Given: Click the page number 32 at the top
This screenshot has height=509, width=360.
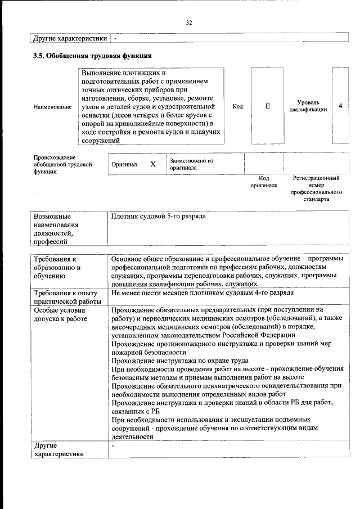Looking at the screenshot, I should click(x=189, y=22).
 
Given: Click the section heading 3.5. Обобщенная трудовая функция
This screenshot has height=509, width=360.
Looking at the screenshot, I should click(x=91, y=56).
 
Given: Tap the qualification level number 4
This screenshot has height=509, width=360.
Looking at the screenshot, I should click(x=340, y=106).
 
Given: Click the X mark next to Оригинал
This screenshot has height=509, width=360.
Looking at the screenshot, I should click(x=152, y=164).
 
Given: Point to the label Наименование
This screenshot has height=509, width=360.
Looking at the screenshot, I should click(x=53, y=106).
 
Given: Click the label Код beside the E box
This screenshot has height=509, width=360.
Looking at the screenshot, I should click(x=237, y=106).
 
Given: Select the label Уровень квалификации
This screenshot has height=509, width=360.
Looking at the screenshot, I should click(x=308, y=106).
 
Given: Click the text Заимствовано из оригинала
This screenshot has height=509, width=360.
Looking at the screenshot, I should click(x=191, y=164).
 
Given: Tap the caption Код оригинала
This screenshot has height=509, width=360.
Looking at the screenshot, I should click(x=264, y=181).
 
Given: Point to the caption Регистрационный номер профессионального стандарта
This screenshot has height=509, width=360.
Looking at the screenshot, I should click(x=316, y=188).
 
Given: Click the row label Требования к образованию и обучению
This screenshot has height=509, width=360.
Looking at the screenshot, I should click(x=57, y=267).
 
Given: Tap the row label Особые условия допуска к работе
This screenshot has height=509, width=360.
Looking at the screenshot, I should click(x=60, y=314).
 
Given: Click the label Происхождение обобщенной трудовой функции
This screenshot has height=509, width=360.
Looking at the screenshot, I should click(x=58, y=164).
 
